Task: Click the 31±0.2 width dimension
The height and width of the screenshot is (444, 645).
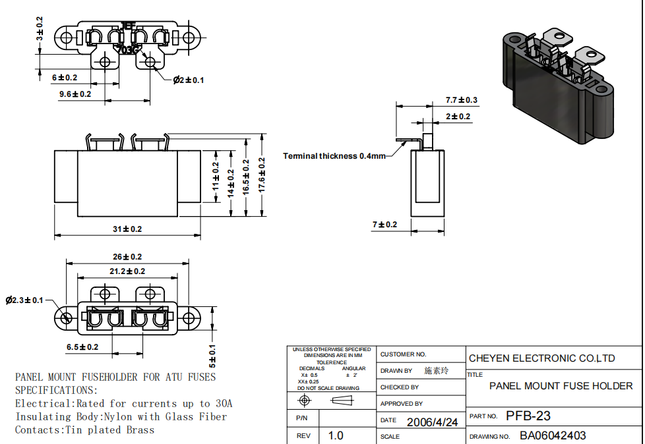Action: click(127, 229)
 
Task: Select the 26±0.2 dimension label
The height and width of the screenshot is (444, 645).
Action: click(127, 257)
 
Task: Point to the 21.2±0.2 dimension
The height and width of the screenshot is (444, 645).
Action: click(127, 271)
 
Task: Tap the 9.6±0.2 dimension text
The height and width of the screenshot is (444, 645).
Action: click(75, 94)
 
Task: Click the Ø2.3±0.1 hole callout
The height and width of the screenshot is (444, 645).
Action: click(24, 300)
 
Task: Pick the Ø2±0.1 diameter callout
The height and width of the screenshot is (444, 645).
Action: click(189, 80)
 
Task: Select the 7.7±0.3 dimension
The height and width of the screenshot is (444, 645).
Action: click(461, 100)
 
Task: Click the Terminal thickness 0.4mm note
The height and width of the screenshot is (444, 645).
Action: click(334, 156)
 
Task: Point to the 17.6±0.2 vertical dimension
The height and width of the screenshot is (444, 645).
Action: click(262, 175)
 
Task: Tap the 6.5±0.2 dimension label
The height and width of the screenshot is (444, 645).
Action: click(82, 347)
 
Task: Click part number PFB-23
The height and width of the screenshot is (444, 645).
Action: click(528, 416)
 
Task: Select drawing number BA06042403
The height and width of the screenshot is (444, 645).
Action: click(553, 435)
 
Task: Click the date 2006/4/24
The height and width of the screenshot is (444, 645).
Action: click(432, 422)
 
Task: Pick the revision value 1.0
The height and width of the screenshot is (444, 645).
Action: click(336, 435)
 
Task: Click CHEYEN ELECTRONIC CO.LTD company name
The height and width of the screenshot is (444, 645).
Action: click(541, 358)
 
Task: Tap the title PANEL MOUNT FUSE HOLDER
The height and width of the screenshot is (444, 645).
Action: click(561, 386)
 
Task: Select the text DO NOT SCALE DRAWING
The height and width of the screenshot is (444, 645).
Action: click(328, 388)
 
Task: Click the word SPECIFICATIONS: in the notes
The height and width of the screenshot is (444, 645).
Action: click(56, 390)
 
